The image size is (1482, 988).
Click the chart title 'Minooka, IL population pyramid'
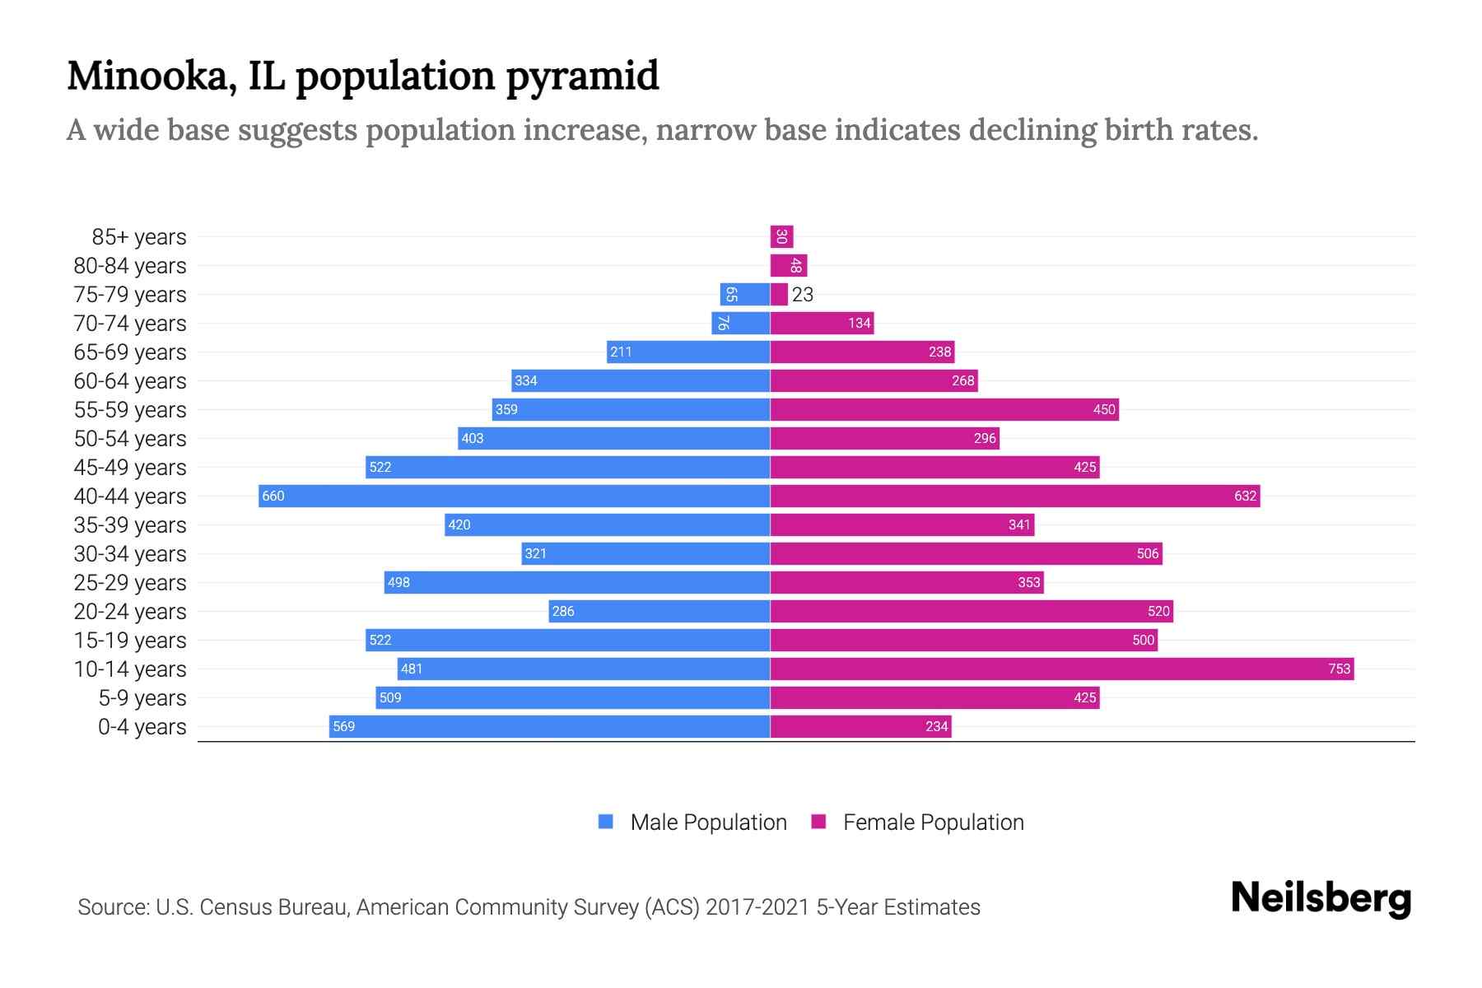click(362, 76)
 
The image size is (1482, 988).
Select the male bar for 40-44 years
click(515, 496)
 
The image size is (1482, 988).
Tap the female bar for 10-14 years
click(1062, 669)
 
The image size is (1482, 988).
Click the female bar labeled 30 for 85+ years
click(781, 237)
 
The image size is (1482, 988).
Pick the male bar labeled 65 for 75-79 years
click(744, 295)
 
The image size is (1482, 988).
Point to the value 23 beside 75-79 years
click(803, 295)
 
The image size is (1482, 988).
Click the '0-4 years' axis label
click(142, 727)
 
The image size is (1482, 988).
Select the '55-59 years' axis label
click(130, 410)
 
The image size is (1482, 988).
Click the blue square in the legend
click(606, 822)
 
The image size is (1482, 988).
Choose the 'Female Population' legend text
click(933, 823)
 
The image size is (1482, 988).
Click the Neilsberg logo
click(1321, 898)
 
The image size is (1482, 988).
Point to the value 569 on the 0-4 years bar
click(344, 727)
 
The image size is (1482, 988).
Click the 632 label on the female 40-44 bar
click(1245, 496)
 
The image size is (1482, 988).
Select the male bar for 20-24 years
click(659, 611)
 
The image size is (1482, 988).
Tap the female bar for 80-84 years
click(788, 266)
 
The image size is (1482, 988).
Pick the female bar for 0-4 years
click(860, 726)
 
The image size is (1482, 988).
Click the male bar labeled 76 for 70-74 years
click(740, 323)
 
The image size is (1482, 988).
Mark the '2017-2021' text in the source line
click(757, 907)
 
